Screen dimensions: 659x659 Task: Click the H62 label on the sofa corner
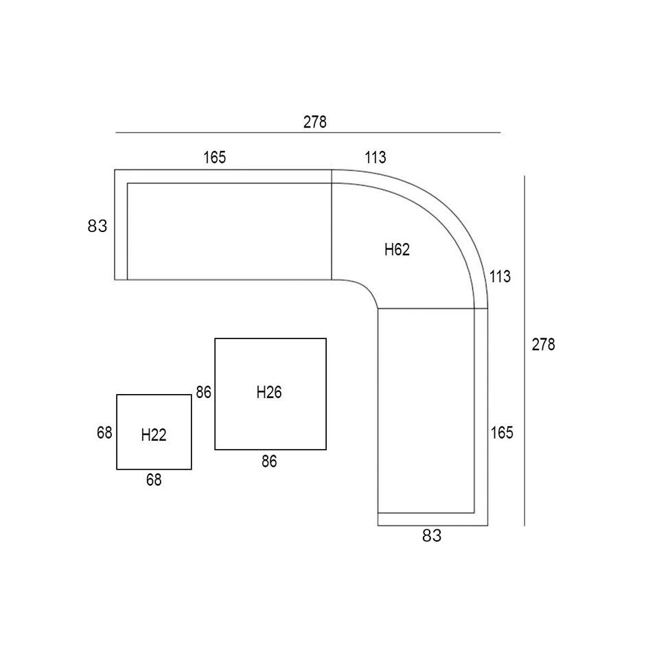(397, 250)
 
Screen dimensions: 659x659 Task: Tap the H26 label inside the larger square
(269, 393)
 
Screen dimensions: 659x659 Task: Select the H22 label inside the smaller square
(154, 435)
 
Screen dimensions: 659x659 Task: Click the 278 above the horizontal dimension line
(315, 122)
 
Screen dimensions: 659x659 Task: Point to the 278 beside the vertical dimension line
(543, 345)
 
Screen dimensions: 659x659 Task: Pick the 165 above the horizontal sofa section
(214, 157)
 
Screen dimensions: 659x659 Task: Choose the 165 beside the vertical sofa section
(502, 432)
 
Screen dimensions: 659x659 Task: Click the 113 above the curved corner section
(375, 157)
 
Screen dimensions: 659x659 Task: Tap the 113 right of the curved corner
(500, 277)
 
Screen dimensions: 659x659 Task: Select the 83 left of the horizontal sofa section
(97, 226)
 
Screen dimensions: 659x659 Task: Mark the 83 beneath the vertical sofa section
(432, 536)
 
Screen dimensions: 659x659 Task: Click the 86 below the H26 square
(269, 462)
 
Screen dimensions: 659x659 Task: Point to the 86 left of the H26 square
(203, 393)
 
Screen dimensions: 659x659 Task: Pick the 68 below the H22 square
(154, 481)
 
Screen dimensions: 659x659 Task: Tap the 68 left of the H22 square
(104, 433)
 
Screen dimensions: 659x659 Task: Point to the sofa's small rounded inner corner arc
(365, 288)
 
